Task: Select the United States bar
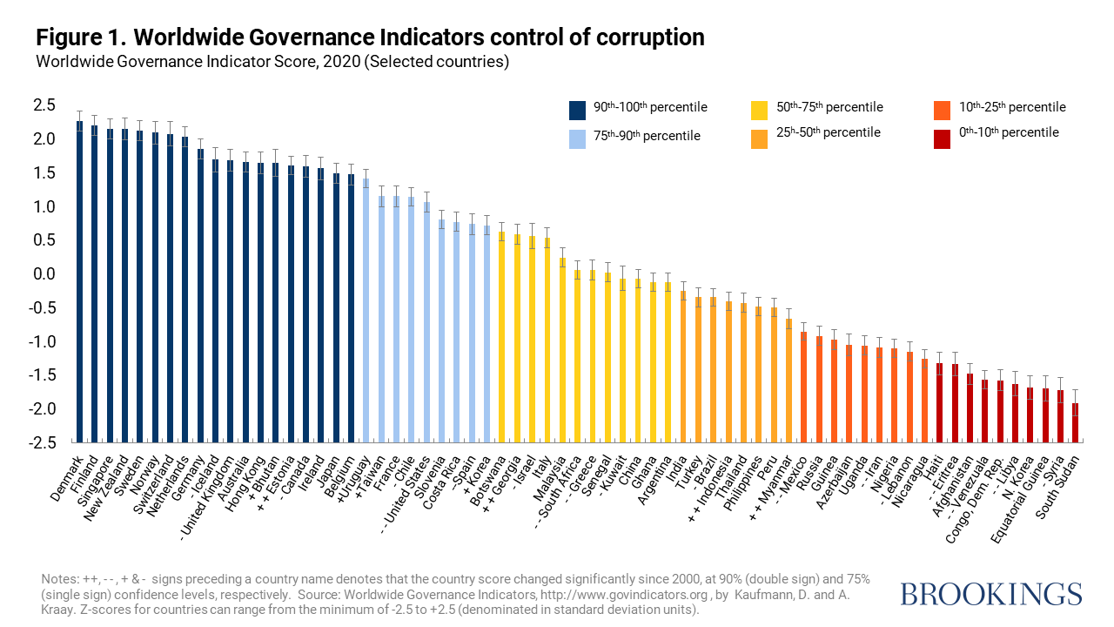[x=427, y=322]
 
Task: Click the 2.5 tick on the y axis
[x=45, y=105]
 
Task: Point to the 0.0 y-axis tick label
[x=45, y=274]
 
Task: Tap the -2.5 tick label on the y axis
[x=43, y=443]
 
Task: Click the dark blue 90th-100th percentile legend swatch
[x=577, y=110]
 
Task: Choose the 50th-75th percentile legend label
[x=829, y=107]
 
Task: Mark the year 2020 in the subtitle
[x=346, y=62]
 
